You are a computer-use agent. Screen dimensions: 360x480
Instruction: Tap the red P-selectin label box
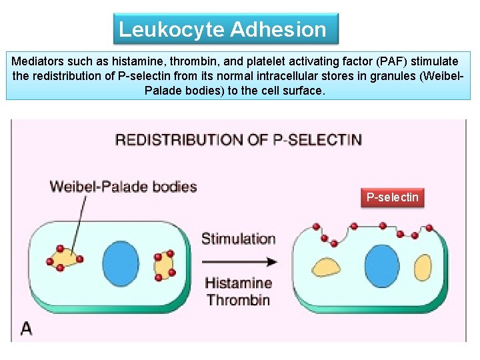[393, 197]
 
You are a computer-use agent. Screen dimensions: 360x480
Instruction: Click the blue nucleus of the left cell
[112, 261]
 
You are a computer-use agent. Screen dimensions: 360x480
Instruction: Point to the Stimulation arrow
[238, 260]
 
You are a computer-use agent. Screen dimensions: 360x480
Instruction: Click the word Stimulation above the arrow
[238, 239]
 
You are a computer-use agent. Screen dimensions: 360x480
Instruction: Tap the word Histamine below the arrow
[239, 283]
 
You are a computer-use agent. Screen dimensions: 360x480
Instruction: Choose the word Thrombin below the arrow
[239, 299]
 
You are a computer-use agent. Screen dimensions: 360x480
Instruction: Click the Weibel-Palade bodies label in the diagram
[123, 186]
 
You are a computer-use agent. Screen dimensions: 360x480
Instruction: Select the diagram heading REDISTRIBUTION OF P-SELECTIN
[239, 140]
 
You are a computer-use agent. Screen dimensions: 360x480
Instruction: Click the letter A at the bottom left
[27, 327]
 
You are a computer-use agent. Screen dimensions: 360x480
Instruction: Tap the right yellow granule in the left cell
[163, 265]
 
